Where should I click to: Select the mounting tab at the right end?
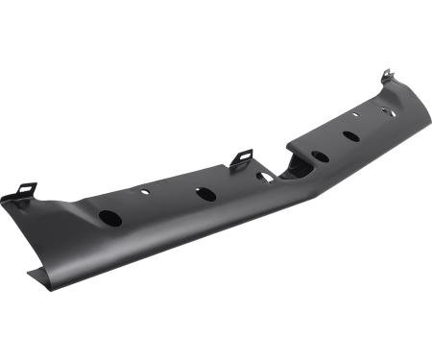tap(386, 76)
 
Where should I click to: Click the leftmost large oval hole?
tap(110, 218)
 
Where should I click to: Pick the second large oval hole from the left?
tap(205, 194)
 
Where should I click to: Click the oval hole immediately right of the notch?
tap(320, 156)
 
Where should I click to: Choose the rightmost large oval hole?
tap(351, 135)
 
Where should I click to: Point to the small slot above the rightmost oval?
tap(354, 115)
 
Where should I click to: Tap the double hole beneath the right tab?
tap(387, 110)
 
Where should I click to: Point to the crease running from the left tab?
tap(58, 206)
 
